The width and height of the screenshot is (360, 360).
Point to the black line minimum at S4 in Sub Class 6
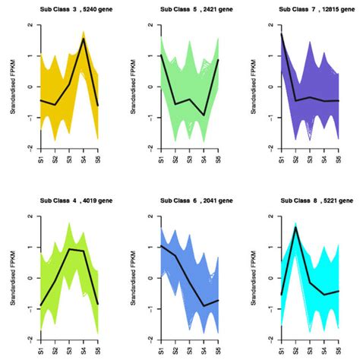tap(204, 306)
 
